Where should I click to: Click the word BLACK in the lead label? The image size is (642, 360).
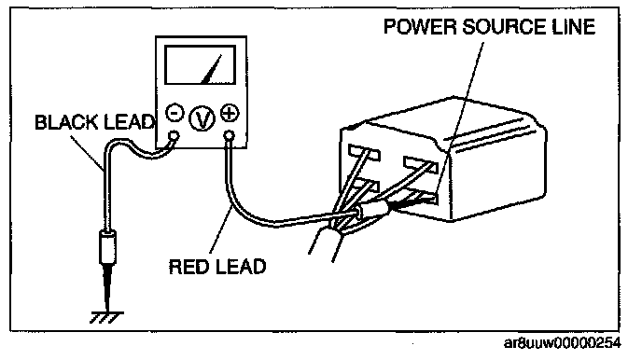click(x=66, y=122)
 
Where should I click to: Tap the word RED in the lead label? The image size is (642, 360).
click(x=189, y=267)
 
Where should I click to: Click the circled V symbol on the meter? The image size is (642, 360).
click(x=202, y=119)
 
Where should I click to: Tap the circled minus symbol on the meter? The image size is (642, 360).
click(x=174, y=112)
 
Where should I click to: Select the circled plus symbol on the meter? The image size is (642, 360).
click(x=230, y=114)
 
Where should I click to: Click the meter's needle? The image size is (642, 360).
click(x=212, y=70)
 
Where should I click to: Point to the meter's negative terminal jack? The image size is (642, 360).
click(x=174, y=135)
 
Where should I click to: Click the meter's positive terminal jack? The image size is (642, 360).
click(x=230, y=135)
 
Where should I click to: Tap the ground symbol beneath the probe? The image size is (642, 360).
click(x=106, y=318)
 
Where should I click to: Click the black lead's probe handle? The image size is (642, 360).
click(x=107, y=247)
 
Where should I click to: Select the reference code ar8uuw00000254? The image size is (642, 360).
click(x=562, y=343)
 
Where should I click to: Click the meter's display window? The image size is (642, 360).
click(x=201, y=65)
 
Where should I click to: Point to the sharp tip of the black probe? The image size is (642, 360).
click(x=108, y=311)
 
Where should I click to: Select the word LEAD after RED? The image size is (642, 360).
click(x=241, y=267)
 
